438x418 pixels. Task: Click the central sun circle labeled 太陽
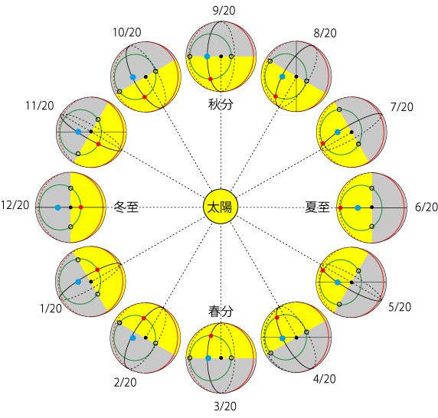coord(221,207)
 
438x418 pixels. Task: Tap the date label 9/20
coord(224,11)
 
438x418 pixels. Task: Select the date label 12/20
coord(15,205)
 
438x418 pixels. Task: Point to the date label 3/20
coord(225,407)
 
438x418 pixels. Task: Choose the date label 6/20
coord(427,207)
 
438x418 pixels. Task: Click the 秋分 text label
coord(221,105)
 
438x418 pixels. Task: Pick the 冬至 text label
coord(126,207)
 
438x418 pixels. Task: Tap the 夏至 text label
coord(317,207)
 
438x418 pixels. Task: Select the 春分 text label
coord(221,312)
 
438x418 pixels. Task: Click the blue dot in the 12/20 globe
coord(58,207)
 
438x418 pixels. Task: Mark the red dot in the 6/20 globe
coord(340,207)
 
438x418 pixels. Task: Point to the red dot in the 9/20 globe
coord(211,79)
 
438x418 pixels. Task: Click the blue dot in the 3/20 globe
coord(208,358)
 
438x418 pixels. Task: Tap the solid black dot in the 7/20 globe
coord(351,132)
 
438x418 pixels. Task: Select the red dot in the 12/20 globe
coord(80,207)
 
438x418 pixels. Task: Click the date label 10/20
coord(127,33)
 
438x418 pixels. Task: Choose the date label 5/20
coord(400,307)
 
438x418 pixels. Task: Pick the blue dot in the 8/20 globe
coord(283,77)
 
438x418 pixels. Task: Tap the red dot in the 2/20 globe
coord(144,318)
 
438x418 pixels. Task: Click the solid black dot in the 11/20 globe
coord(91,132)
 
